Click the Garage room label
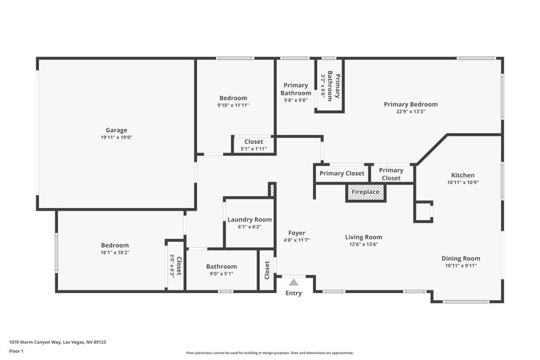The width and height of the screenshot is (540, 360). (116, 130)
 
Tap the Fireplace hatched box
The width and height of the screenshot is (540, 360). (364, 192)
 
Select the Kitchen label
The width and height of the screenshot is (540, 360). (462, 175)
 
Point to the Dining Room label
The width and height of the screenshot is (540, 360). (461, 258)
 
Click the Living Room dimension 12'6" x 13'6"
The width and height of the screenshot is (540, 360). (364, 245)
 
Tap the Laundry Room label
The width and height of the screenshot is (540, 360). (250, 220)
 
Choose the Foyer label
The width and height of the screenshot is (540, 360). (296, 232)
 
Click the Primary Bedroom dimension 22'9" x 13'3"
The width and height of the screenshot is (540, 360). (410, 111)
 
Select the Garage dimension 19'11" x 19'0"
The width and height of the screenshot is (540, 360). (116, 138)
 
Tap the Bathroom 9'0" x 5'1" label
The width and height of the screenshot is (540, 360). (221, 266)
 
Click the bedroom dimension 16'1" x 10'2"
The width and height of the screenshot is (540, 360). (115, 253)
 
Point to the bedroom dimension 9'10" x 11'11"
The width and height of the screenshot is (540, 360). (233, 105)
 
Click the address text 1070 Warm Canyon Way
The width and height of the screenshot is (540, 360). (57, 342)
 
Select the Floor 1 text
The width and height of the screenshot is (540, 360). (17, 352)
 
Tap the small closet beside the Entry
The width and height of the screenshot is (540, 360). (267, 270)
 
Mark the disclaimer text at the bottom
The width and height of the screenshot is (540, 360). (269, 353)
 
